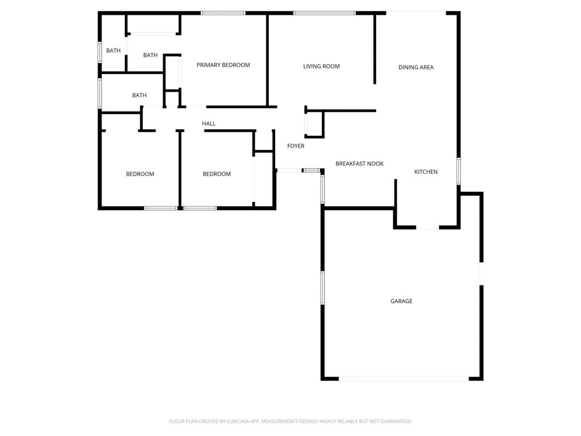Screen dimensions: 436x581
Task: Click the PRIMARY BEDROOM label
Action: point(223,65)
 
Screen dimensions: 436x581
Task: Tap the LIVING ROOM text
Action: point(321,66)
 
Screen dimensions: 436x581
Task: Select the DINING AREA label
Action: point(416,68)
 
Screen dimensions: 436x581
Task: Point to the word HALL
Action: point(209,124)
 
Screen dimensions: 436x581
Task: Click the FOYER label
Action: point(296,146)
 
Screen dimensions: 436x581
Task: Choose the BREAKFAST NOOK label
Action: point(359,163)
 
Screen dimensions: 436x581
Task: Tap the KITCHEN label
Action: point(426,172)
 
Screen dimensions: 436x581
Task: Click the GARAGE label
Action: point(401,301)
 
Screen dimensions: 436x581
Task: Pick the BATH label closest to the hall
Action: point(139,95)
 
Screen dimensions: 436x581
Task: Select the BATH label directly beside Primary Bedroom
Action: point(150,55)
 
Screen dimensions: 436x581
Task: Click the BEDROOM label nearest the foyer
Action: point(217,174)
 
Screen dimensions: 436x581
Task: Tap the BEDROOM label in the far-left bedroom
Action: point(140,174)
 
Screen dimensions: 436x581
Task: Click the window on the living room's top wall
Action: point(325,13)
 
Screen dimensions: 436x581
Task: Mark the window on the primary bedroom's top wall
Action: point(223,13)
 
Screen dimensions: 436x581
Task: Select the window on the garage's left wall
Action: point(322,288)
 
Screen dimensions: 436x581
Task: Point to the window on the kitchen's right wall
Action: point(458,171)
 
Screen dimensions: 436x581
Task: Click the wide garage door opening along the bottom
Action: point(404,379)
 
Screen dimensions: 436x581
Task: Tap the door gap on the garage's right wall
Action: point(481,274)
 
